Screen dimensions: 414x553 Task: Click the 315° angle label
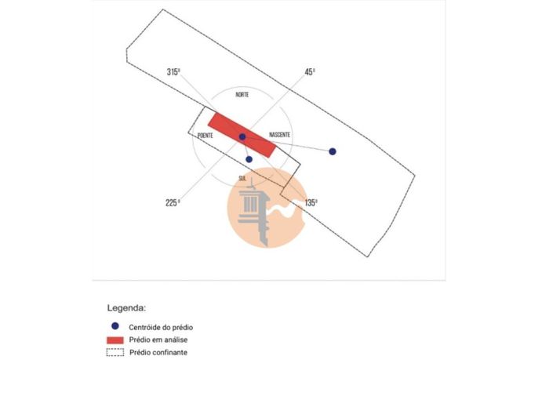point(173,72)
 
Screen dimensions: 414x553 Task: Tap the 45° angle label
point(311,72)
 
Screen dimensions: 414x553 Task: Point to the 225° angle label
point(173,202)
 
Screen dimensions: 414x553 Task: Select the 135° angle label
point(311,202)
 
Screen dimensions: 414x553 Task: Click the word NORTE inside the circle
point(242,95)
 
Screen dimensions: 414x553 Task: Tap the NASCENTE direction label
point(280,135)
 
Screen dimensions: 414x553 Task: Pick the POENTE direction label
point(206,136)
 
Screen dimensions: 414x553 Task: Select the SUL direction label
point(242,178)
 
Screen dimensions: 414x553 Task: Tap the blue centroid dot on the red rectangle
point(242,137)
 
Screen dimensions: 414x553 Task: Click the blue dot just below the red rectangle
point(249,159)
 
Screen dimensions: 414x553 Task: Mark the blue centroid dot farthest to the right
point(333,151)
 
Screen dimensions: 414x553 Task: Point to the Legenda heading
point(127,308)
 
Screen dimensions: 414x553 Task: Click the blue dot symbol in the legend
point(115,326)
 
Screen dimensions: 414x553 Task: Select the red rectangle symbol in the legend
point(115,340)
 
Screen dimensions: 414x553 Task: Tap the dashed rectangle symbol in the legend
point(115,352)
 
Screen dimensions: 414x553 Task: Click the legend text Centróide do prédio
point(162,327)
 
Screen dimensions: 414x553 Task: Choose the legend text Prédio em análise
point(159,340)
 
